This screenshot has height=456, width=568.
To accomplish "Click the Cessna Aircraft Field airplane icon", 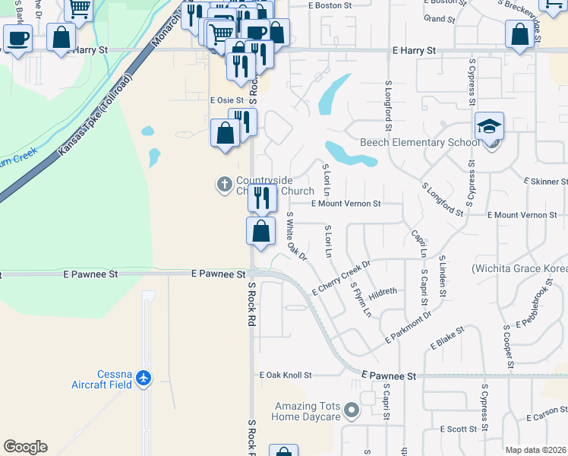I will [144, 378].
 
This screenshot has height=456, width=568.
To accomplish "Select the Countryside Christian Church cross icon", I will [225, 184].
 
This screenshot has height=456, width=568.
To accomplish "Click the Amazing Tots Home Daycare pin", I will [351, 411].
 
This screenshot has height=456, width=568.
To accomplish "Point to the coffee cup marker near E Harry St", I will [17, 37].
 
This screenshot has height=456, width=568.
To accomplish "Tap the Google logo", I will [25, 447].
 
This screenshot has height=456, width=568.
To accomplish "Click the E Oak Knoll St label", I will [286, 375].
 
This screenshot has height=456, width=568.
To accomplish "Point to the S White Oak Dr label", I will [295, 236].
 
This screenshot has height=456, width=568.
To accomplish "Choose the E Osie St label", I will [226, 100].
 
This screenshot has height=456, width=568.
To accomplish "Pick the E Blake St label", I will [447, 339].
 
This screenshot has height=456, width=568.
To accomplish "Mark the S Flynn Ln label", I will [361, 300].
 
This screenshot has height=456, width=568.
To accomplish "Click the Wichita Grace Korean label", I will [519, 269].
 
